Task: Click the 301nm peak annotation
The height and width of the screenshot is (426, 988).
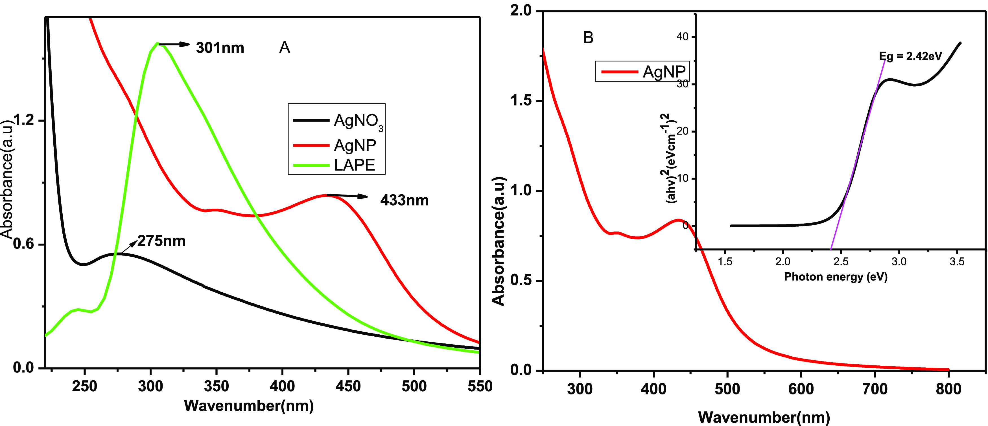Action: (x=220, y=48)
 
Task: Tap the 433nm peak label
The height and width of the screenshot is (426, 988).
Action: (x=404, y=200)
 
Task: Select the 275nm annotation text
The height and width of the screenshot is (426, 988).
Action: (x=161, y=241)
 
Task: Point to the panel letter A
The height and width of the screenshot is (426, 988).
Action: (x=285, y=47)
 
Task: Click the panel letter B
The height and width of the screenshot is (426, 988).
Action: (x=588, y=37)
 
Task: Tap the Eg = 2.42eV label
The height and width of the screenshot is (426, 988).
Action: (x=910, y=56)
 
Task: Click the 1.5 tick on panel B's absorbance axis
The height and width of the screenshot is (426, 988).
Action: (x=522, y=101)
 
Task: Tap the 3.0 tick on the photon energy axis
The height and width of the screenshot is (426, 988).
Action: (x=899, y=262)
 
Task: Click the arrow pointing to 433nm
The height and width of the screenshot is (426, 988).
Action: (x=347, y=196)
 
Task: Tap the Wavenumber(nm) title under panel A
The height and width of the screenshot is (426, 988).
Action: (x=249, y=406)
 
